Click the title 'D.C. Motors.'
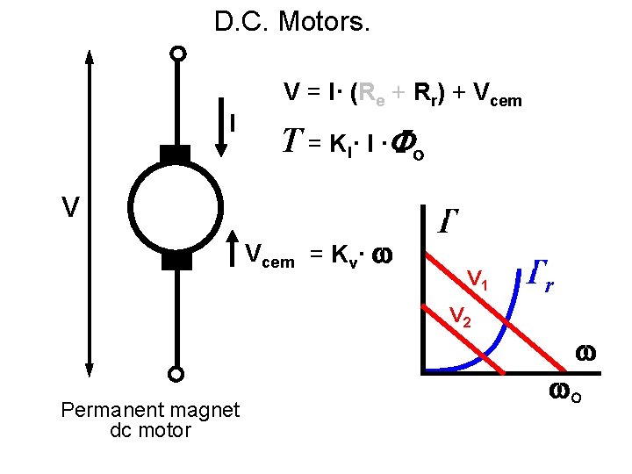(x=293, y=22)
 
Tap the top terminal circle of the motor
(x=178, y=54)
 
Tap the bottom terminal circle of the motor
(x=176, y=375)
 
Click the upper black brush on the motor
(x=176, y=154)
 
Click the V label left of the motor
(x=71, y=208)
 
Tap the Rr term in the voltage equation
(x=426, y=93)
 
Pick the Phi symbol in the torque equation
(x=399, y=143)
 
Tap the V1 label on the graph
(x=478, y=280)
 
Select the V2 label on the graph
(x=461, y=315)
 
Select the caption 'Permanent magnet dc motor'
(x=150, y=420)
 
